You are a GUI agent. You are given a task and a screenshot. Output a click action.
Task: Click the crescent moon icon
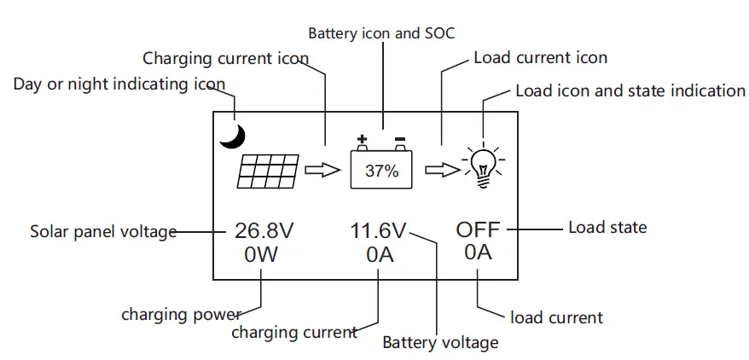(x=233, y=135)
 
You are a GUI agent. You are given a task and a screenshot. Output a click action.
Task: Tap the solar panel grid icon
(x=269, y=171)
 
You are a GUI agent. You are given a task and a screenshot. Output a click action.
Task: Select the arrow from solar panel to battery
(x=322, y=171)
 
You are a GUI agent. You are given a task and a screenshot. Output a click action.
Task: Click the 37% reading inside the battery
(x=381, y=170)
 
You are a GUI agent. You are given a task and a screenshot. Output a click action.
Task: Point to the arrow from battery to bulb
(x=442, y=170)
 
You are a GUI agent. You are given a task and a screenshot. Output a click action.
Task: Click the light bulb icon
(x=484, y=164)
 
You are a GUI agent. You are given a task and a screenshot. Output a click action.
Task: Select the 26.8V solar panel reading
(x=264, y=230)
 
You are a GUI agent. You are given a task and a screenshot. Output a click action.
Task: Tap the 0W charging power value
(x=261, y=254)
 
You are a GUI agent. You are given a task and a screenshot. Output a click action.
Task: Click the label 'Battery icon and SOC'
(x=381, y=34)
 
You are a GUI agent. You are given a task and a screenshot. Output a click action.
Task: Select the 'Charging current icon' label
(x=225, y=59)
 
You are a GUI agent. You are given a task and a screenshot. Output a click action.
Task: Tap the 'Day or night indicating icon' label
(x=119, y=84)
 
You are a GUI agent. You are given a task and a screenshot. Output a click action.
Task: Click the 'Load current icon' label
(x=540, y=58)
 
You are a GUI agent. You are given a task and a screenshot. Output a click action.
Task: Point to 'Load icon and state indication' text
(x=630, y=90)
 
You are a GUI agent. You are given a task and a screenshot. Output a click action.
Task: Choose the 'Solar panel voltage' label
(x=103, y=231)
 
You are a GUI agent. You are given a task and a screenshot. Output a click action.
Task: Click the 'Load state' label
(x=607, y=227)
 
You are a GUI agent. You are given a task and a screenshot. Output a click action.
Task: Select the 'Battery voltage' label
(x=440, y=342)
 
